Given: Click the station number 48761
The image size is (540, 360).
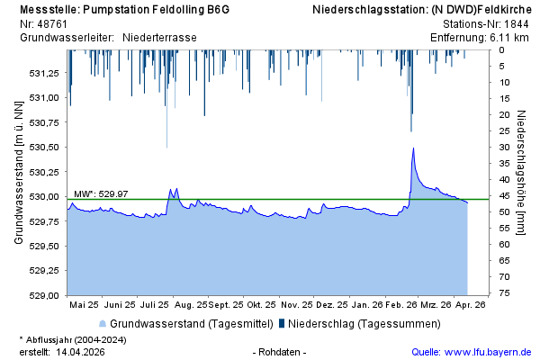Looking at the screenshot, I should pos(55,23).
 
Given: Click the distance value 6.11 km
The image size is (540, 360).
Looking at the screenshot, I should pos(511,37).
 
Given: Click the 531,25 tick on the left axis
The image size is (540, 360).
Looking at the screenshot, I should pos(44,73).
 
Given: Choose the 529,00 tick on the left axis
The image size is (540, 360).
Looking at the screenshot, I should pos(44,295).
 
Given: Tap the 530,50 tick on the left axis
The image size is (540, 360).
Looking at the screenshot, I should pos(44,147).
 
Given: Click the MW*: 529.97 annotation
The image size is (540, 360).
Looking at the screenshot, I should pos(100,193).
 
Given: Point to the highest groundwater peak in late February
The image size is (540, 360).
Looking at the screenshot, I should pos(412,148).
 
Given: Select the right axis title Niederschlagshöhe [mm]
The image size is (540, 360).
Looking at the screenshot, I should pos(522,172).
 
